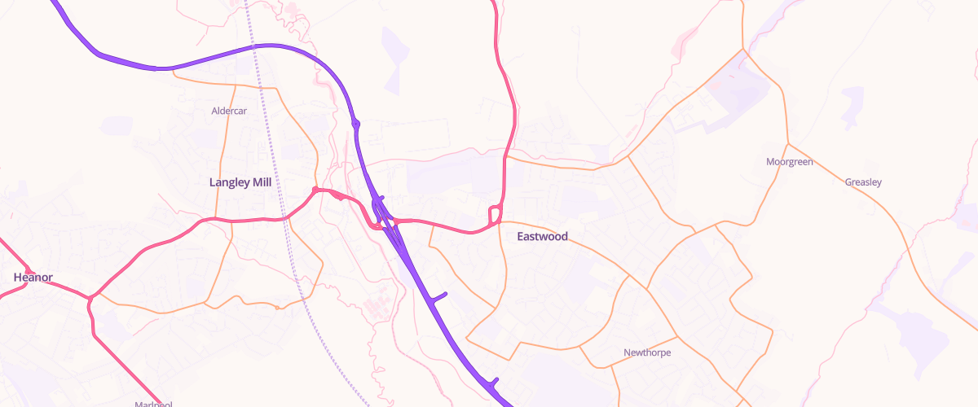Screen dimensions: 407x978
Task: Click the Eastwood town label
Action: point(542,237)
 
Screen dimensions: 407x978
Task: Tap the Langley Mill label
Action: point(240,182)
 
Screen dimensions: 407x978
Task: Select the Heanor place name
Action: point(33,278)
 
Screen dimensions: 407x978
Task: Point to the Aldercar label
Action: point(228,111)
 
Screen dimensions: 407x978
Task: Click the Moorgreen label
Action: point(790,162)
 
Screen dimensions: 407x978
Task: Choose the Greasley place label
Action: point(863,182)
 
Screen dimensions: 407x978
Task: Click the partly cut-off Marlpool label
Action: point(153,404)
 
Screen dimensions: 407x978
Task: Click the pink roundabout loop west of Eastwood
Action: point(494,216)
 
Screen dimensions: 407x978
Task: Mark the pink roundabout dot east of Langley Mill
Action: point(315,190)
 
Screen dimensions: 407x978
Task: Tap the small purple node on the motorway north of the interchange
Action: point(356,124)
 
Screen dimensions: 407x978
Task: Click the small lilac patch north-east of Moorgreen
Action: point(852,106)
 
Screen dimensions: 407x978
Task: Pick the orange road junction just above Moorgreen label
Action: point(786,144)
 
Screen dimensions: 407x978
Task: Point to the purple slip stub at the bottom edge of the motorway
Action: point(492,381)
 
